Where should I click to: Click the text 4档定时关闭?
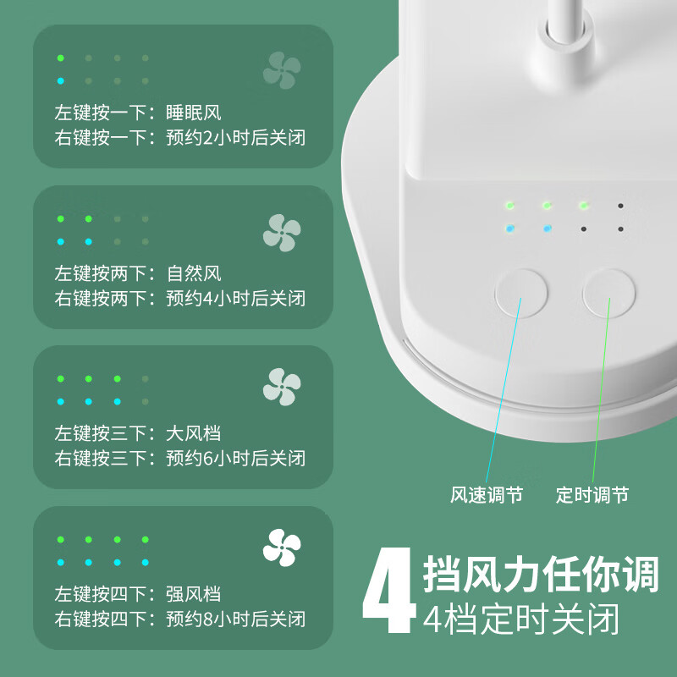coord(521,619)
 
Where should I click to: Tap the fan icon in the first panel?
coord(282,70)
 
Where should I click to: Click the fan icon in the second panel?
coord(282,232)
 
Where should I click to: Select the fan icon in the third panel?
coord(282,386)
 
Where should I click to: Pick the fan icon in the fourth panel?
coord(282,547)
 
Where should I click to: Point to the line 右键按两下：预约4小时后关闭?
coord(180,298)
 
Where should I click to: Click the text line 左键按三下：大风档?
coord(138,434)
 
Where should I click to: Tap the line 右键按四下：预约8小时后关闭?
coord(180,619)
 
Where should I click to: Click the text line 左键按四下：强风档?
coord(138,595)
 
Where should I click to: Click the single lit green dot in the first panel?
coord(61,58)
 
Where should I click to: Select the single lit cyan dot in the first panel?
coord(61,81)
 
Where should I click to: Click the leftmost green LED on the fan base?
coord(509,206)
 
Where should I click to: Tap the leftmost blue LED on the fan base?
coord(509,228)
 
